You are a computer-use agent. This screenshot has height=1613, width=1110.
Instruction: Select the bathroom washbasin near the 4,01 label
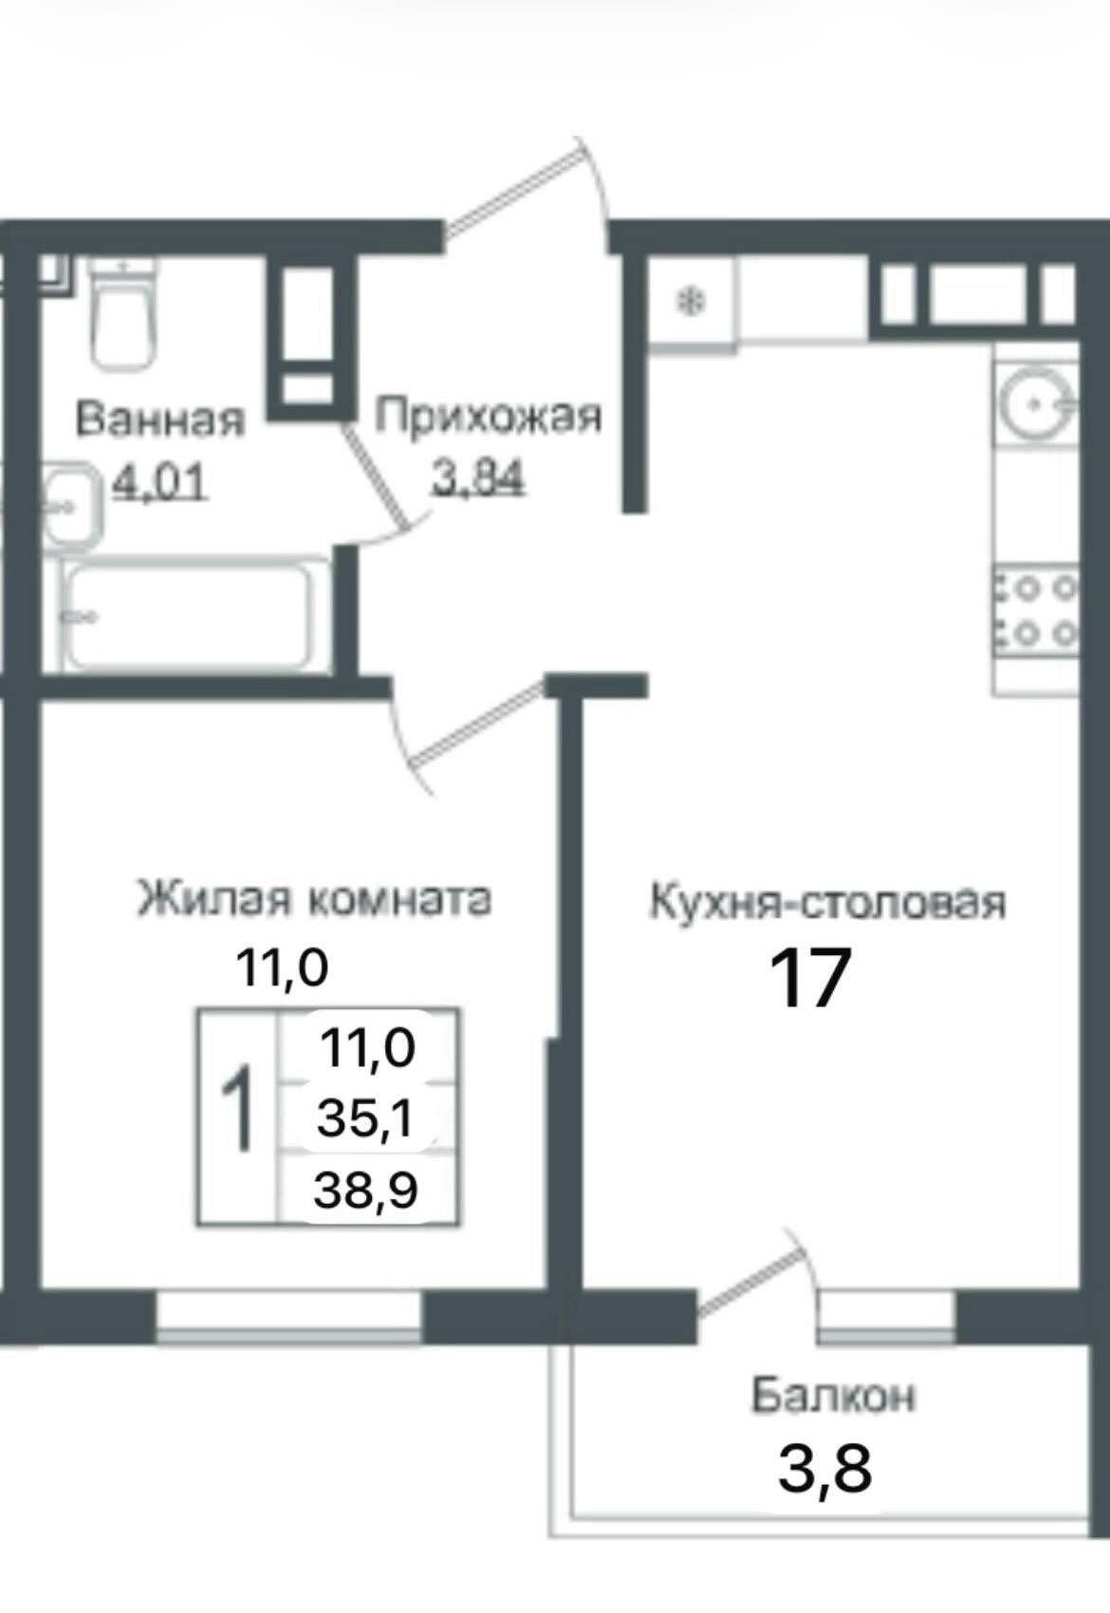(x=68, y=505)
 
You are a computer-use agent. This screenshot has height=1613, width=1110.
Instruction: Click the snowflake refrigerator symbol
(x=692, y=304)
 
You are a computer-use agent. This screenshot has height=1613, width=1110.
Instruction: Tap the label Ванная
(x=159, y=420)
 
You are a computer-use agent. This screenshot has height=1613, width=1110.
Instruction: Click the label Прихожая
(x=489, y=418)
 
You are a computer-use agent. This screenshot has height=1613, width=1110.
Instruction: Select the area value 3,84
(x=478, y=479)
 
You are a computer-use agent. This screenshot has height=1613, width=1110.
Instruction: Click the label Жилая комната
(x=315, y=899)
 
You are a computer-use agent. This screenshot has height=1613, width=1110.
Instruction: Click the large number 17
(x=809, y=979)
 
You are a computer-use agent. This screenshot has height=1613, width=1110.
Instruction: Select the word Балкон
(x=834, y=1397)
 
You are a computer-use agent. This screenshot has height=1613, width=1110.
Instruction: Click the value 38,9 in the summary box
(x=366, y=1189)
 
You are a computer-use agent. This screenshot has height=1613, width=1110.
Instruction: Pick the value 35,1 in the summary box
(x=365, y=1119)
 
